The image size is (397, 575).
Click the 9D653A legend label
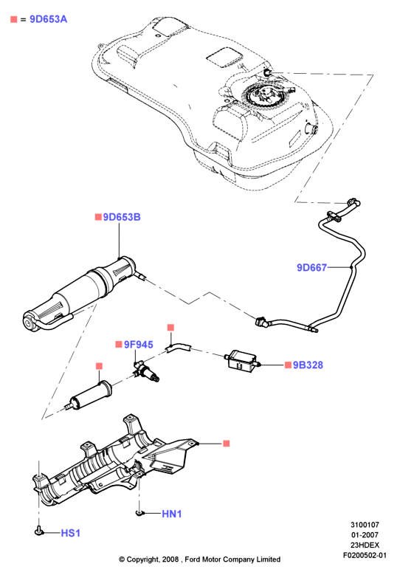48,19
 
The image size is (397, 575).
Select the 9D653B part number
122,217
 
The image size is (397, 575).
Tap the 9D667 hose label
311,268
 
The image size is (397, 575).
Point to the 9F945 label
138,345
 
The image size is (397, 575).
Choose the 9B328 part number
308,365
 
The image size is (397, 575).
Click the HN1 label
171,514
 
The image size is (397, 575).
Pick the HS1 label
70,533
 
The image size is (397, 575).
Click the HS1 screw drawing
39,530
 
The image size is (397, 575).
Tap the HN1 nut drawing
139,513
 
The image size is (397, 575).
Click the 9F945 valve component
146,372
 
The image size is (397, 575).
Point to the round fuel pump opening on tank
266,96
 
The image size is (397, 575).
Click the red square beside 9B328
288,365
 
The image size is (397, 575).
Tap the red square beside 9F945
118,345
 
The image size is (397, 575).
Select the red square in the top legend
14,19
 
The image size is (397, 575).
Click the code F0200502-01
365,555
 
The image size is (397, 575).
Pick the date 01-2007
365,534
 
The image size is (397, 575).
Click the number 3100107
365,525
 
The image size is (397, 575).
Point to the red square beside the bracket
227,444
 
